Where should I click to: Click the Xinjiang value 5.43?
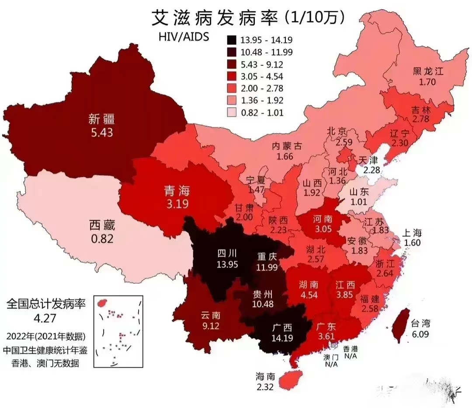(x=101, y=132)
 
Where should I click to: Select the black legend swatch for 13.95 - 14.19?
(x=232, y=40)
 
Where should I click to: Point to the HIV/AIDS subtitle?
(x=184, y=36)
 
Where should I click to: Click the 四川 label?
(x=226, y=253)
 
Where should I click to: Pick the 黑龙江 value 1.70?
(x=428, y=81)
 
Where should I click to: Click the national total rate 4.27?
(x=46, y=316)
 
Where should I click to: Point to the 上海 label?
(x=412, y=233)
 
